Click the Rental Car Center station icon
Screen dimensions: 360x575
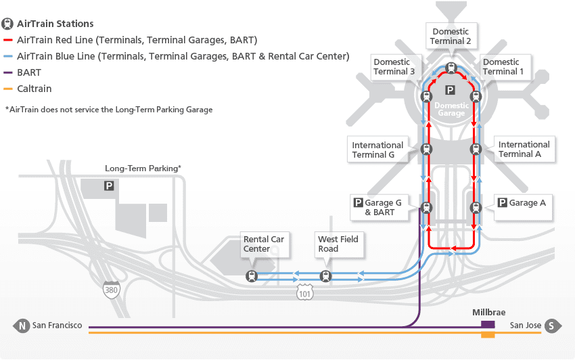click(x=252, y=276)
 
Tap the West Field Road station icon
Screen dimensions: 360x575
click(x=326, y=276)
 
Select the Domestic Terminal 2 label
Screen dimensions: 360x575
click(x=451, y=37)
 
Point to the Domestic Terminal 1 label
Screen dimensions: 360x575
click(x=501, y=67)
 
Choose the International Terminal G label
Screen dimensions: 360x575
click(x=377, y=150)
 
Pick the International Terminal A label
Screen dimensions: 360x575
click(x=524, y=149)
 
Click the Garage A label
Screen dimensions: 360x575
click(x=522, y=203)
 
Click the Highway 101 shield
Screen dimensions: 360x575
click(x=304, y=292)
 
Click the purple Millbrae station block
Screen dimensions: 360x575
click(x=487, y=325)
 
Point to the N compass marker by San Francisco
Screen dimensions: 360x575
click(x=22, y=326)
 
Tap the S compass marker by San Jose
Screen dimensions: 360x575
click(x=552, y=326)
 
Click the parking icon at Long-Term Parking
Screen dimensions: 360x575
click(x=108, y=185)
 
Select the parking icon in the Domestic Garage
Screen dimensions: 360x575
click(x=450, y=90)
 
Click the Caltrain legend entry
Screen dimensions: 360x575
click(x=34, y=89)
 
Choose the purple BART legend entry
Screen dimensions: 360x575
click(x=30, y=72)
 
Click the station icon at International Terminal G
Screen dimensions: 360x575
click(x=426, y=150)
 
